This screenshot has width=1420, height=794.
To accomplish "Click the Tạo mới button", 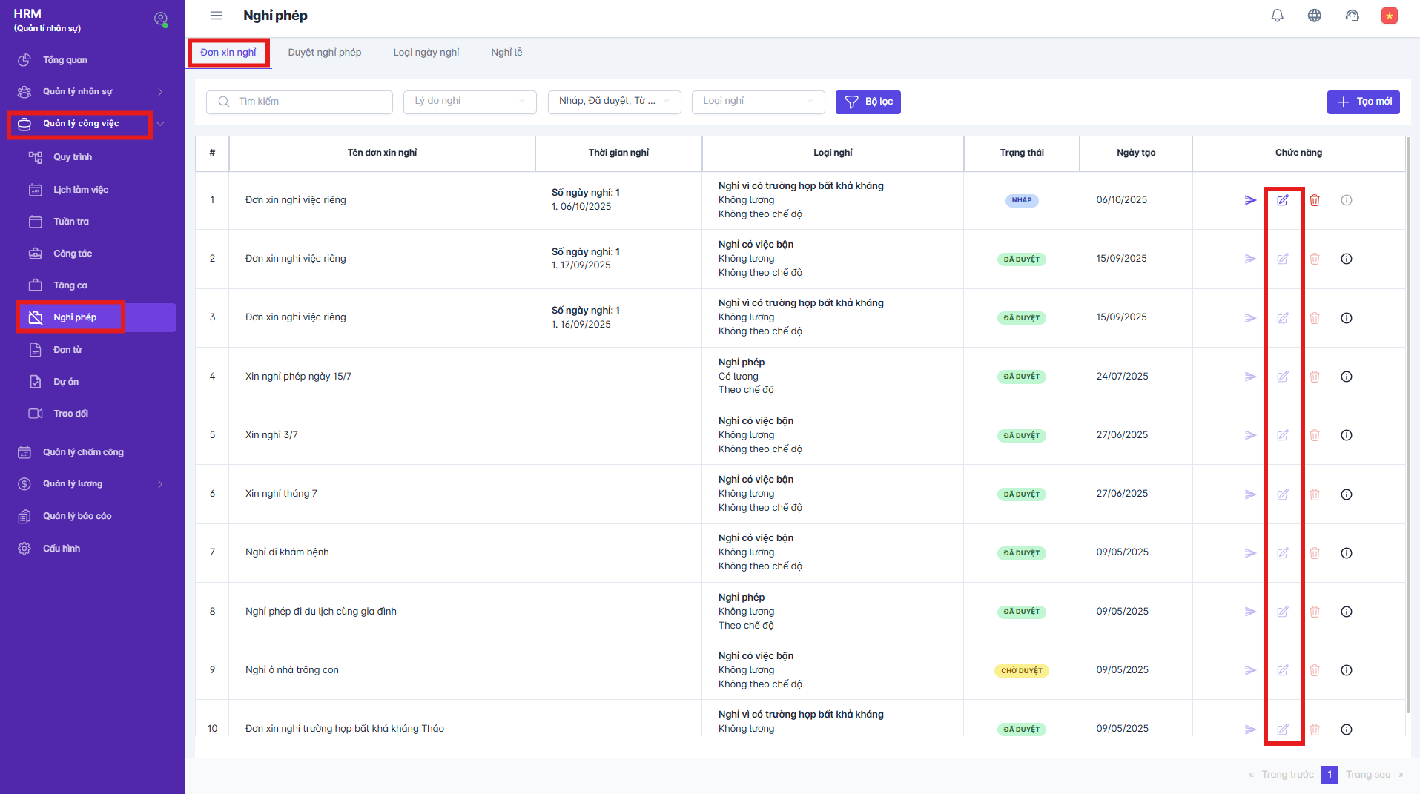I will pyautogui.click(x=1363, y=102).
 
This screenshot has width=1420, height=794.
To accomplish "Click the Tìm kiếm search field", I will pyautogui.click(x=300, y=102).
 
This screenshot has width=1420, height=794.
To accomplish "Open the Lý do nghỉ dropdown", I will pyautogui.click(x=469, y=102).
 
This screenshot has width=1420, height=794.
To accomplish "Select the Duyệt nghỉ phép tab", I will pyautogui.click(x=324, y=53).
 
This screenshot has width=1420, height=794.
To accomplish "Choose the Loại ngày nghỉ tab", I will pyautogui.click(x=426, y=53).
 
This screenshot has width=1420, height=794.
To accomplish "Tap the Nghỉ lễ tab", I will pyautogui.click(x=506, y=53).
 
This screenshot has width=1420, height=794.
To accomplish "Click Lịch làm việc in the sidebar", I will pyautogui.click(x=80, y=190).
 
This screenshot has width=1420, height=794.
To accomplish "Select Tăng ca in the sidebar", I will pyautogui.click(x=70, y=285).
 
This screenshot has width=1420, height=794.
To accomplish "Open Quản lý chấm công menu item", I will pyautogui.click(x=83, y=452).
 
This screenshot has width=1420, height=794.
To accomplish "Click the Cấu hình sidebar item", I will pyautogui.click(x=61, y=549).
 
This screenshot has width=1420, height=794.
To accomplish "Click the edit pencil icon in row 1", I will pyautogui.click(x=1283, y=200).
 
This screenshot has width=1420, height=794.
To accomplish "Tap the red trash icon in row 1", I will pyautogui.click(x=1315, y=200).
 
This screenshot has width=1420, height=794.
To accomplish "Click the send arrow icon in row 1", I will pyautogui.click(x=1250, y=200).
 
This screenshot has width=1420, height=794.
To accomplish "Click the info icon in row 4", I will pyautogui.click(x=1347, y=377).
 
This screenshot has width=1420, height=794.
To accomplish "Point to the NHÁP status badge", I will pyautogui.click(x=1021, y=200).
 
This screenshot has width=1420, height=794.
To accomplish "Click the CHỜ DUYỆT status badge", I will pyautogui.click(x=1021, y=671).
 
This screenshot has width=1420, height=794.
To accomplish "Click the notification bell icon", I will pyautogui.click(x=1277, y=16).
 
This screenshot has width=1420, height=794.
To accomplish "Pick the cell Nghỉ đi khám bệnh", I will pyautogui.click(x=287, y=552).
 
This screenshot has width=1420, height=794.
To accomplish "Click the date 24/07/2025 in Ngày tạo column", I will pyautogui.click(x=1122, y=377).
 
